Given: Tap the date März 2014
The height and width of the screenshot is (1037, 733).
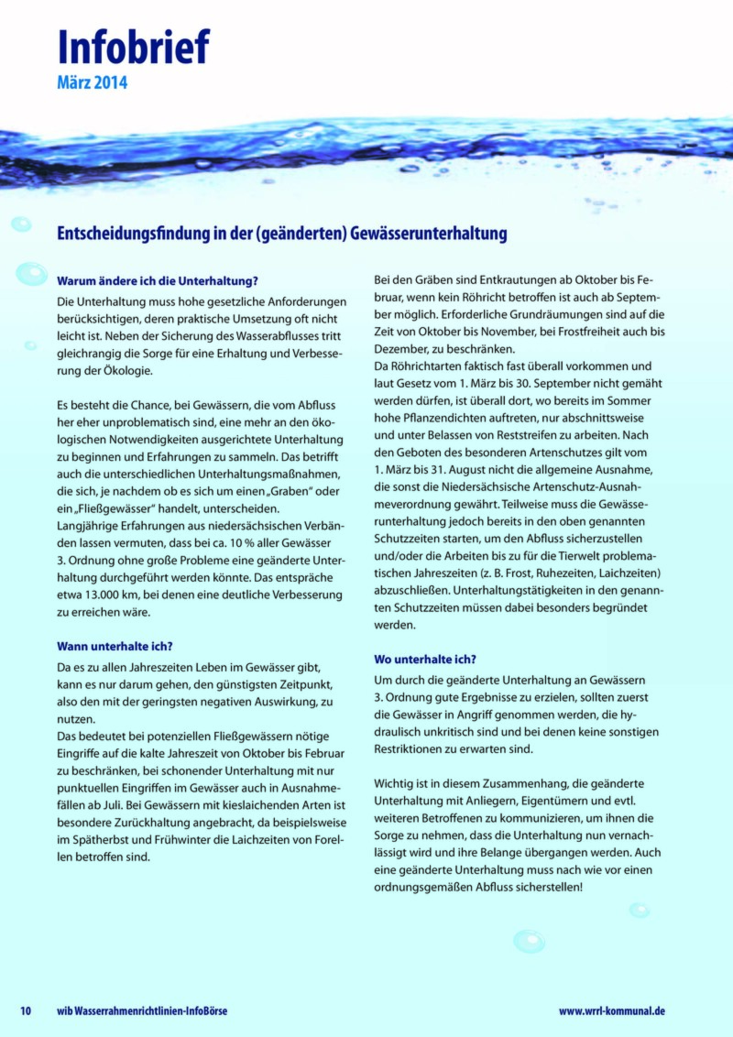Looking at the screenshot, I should tap(93, 83).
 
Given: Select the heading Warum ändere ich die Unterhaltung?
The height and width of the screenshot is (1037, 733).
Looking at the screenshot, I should tap(157, 280).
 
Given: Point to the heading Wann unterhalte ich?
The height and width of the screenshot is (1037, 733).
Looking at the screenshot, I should tap(115, 645).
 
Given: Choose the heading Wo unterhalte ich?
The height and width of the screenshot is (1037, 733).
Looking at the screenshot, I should tap(425, 659).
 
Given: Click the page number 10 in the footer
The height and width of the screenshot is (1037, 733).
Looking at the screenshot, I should tap(27, 1010).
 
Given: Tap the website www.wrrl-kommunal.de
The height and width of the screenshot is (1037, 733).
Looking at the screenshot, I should tap(612, 1010).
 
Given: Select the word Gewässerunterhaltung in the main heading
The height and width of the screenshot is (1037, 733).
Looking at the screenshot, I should tap(431, 234).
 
